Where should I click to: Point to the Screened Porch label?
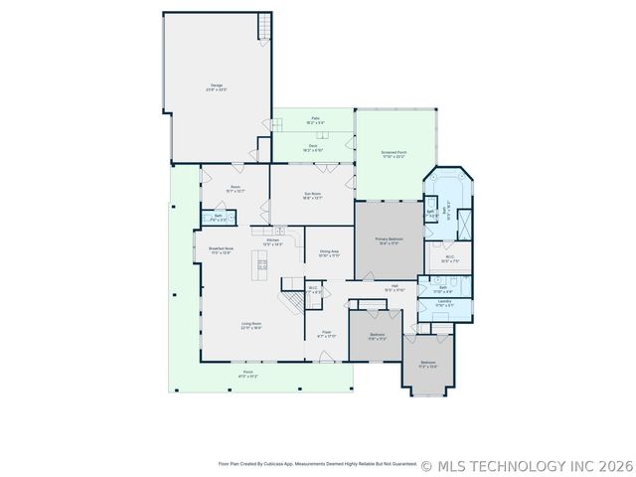coord(394,154)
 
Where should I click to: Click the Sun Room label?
coord(312,195)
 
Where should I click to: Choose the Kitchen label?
coord(272,241)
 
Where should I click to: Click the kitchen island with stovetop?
coord(262,263)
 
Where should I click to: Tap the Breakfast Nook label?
coord(220,250)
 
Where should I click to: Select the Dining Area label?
coord(328,253)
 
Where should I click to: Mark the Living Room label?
coord(250,325)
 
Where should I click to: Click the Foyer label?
coord(327,335)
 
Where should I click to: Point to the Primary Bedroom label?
coord(389,241)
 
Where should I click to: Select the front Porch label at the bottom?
coord(247,374)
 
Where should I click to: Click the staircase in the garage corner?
coord(264,28)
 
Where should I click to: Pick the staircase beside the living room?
coord(290,299)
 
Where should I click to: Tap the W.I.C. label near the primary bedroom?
coord(450,259)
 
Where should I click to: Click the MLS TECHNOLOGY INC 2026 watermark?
coord(527,464)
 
